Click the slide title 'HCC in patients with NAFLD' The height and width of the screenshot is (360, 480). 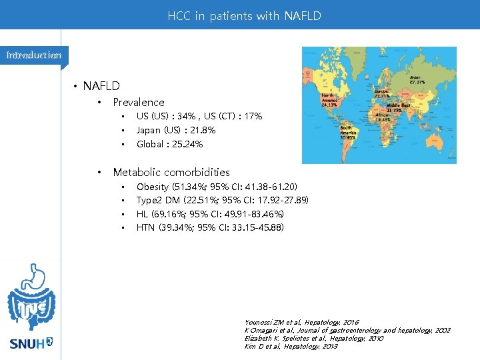(x=244, y=15)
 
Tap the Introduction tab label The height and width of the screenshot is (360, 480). (x=33, y=55)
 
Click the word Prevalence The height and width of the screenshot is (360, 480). (x=138, y=102)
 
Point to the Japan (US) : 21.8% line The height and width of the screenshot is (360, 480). (x=176, y=130)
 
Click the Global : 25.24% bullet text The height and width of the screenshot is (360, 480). (x=169, y=144)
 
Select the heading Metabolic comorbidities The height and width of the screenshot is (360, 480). (x=171, y=172)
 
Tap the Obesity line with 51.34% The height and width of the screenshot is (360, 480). (x=217, y=186)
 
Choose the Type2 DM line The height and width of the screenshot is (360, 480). (x=222, y=200)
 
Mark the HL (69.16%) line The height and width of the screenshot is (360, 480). (x=210, y=214)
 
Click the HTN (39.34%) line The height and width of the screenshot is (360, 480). (x=210, y=228)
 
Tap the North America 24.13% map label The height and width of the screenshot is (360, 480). (x=329, y=100)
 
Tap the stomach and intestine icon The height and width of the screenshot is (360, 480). (x=31, y=297)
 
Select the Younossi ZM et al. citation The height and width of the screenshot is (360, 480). (x=301, y=323)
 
